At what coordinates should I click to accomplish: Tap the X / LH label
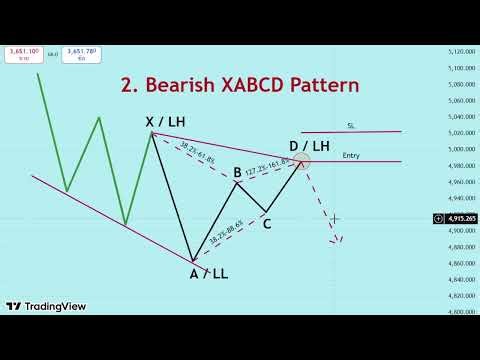(163, 121)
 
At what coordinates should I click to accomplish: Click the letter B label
(237, 173)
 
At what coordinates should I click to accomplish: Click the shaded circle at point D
(300, 160)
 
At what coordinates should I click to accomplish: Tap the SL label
(351, 126)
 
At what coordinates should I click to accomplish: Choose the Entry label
(351, 155)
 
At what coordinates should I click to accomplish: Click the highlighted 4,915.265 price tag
(455, 218)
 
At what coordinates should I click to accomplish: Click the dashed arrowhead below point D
(340, 239)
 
